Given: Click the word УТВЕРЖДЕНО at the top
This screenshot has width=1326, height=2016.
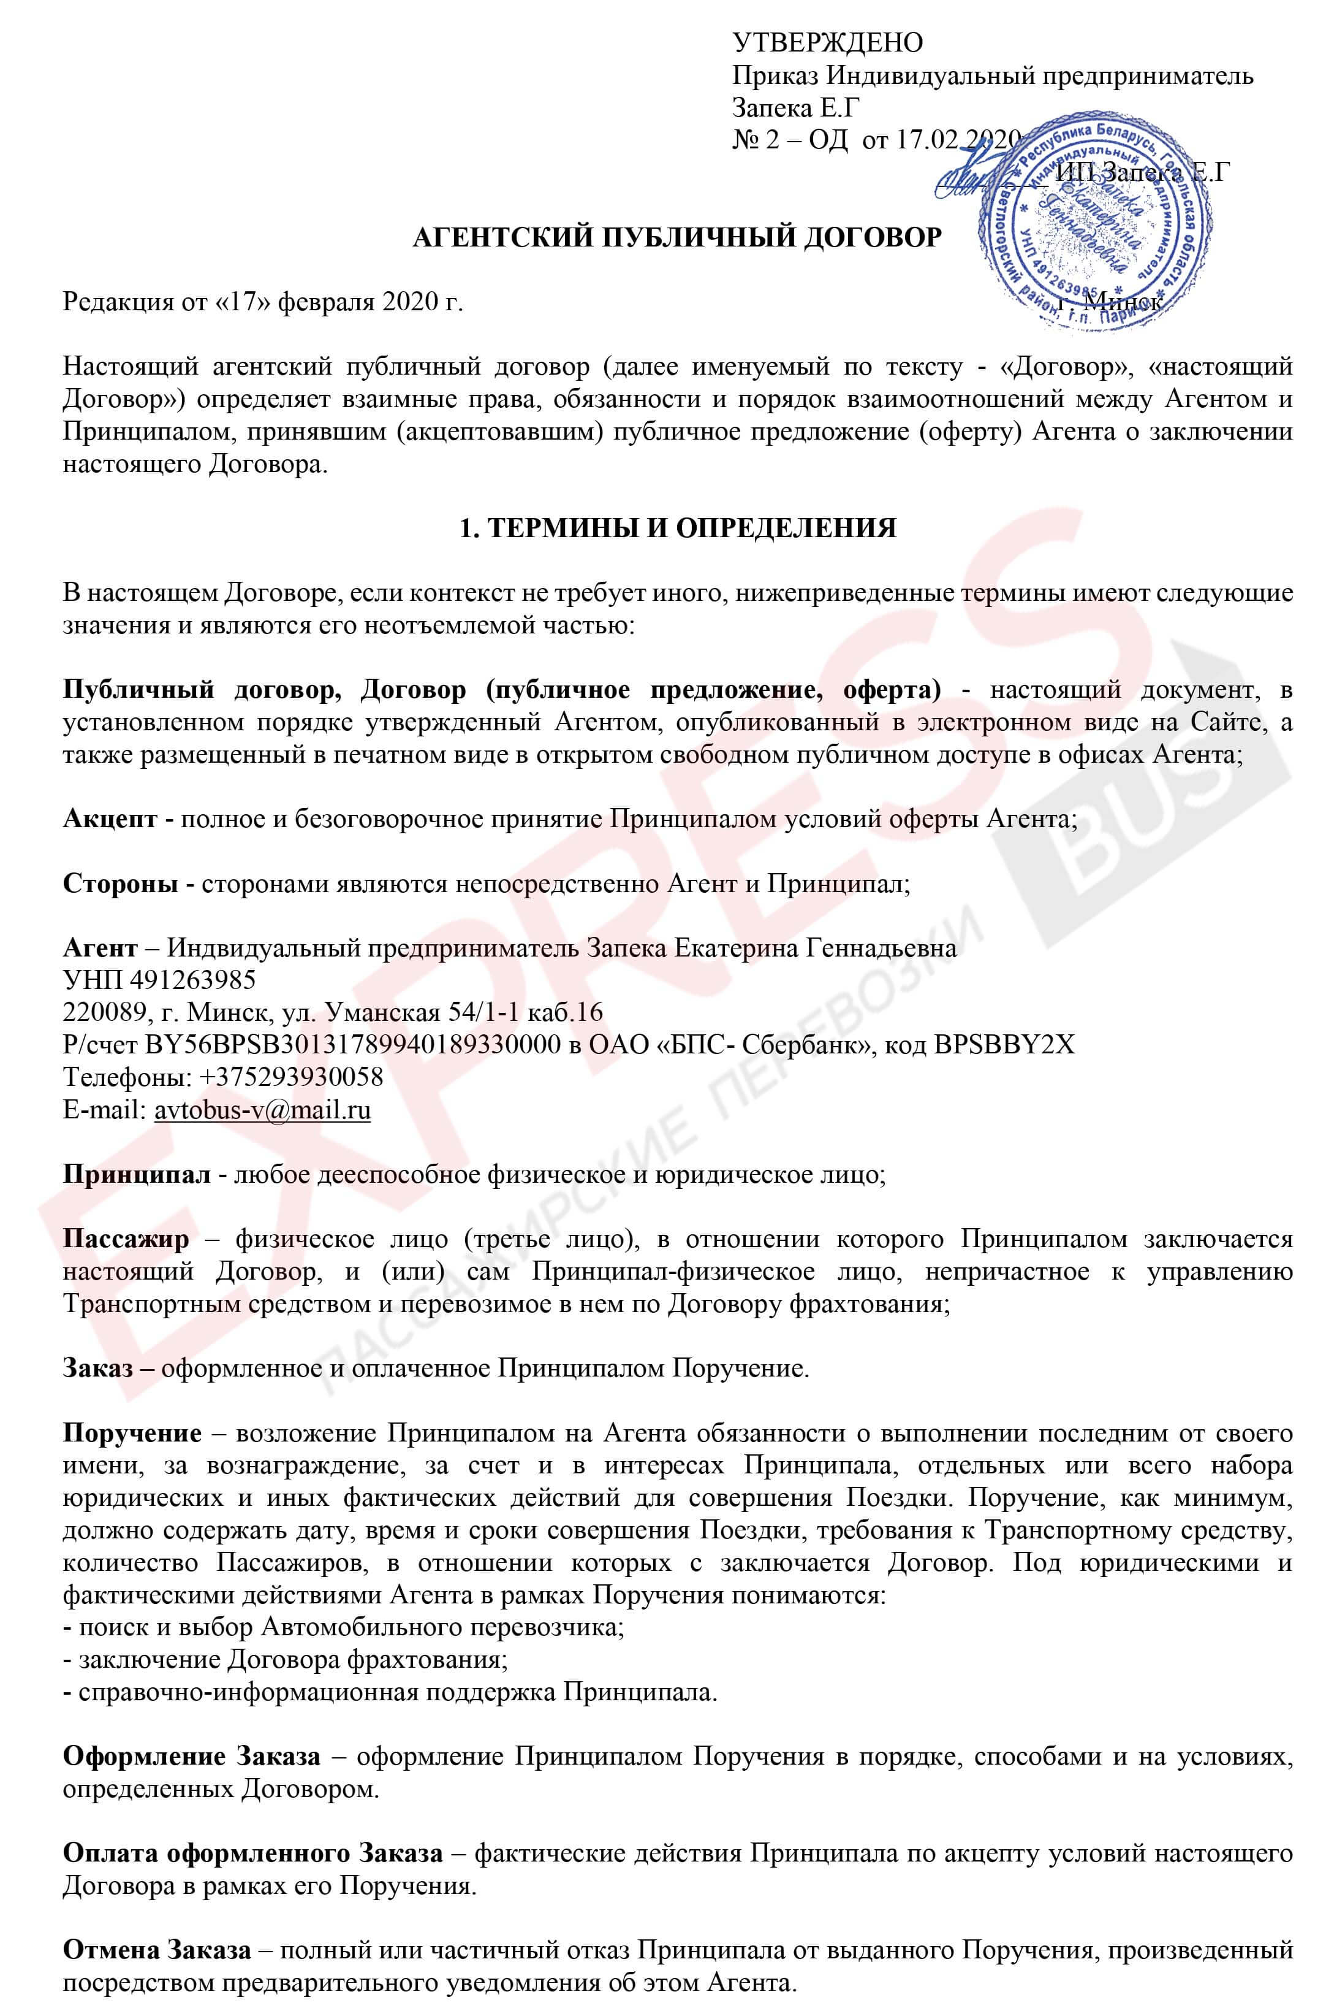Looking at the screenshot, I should [x=827, y=42].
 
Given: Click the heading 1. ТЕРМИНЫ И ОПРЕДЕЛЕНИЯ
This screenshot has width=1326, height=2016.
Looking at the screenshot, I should [x=676, y=528].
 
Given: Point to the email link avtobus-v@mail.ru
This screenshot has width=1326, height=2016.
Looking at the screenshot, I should [x=262, y=1110].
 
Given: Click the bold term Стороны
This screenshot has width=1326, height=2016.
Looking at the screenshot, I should [x=120, y=884].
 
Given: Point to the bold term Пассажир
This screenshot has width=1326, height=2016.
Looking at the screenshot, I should [x=126, y=1239].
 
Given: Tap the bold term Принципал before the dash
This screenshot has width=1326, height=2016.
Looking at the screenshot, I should [x=136, y=1175].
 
